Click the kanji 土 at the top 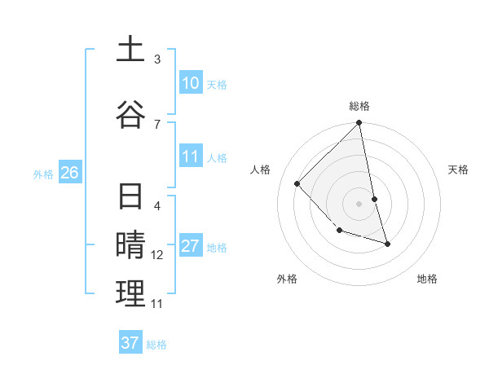(x=130, y=49)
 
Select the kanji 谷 (x=130, y=112)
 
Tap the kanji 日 (x=130, y=198)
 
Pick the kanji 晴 (x=130, y=245)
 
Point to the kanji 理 (x=130, y=293)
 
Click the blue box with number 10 (x=190, y=83)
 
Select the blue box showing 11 (x=190, y=157)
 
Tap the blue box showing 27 (x=190, y=247)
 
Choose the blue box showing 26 (x=69, y=173)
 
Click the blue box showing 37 (x=130, y=343)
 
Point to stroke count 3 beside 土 (x=157, y=59)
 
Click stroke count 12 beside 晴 (x=157, y=255)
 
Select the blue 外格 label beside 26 (x=43, y=174)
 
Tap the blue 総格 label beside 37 (x=156, y=345)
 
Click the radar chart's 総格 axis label (x=359, y=106)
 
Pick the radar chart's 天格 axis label (x=459, y=169)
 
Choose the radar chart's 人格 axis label (x=261, y=169)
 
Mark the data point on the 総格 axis (x=359, y=123)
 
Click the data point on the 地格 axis (x=387, y=244)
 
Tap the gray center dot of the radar (x=359, y=204)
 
